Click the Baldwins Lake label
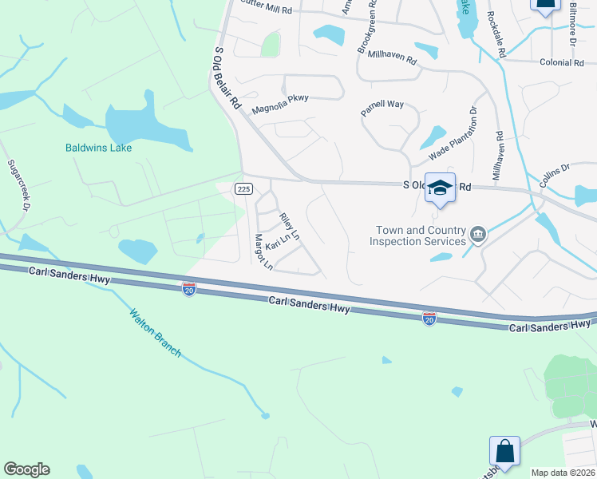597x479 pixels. tap(98, 148)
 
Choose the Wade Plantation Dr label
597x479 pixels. tap(453, 133)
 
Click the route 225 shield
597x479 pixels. tap(244, 188)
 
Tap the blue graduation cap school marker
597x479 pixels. tap(440, 188)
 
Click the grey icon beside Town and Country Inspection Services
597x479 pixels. tap(478, 234)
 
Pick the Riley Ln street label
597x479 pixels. tap(289, 228)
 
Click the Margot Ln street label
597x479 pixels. tap(262, 252)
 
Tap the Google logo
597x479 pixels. tap(26, 469)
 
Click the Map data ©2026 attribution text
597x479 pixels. tap(563, 473)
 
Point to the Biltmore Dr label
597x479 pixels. tap(572, 24)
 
